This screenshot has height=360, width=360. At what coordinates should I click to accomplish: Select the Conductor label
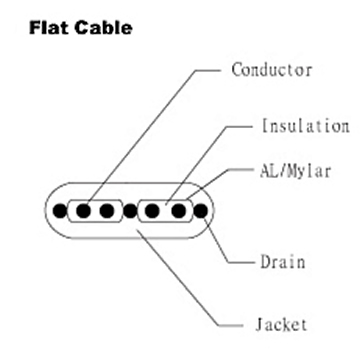tap(272, 70)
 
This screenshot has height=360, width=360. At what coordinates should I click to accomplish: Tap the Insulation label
tap(304, 127)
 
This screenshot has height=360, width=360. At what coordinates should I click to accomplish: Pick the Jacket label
tap(281, 325)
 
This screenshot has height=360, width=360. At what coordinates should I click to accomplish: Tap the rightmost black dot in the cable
tap(200, 211)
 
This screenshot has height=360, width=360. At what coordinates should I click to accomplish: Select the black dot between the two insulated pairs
tap(131, 211)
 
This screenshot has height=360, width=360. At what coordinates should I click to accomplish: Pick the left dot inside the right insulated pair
tap(154, 211)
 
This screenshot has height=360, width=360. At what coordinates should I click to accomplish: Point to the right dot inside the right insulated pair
tap(177, 211)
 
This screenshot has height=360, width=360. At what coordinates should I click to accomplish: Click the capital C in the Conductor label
tap(237, 70)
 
